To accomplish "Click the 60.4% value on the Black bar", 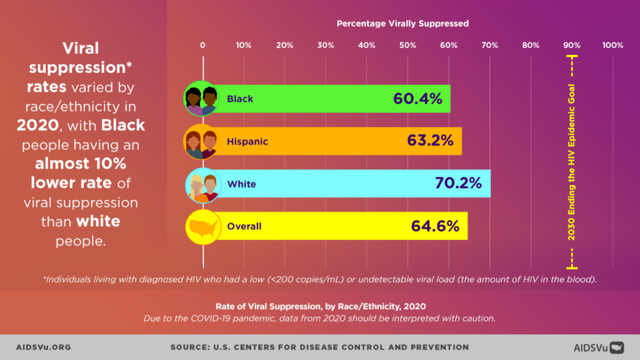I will pyautogui.click(x=417, y=99).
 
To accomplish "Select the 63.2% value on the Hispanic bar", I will pyautogui.click(x=430, y=141).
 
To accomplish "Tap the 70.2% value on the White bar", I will pyautogui.click(x=458, y=184).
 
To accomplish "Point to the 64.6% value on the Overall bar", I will pyautogui.click(x=435, y=226).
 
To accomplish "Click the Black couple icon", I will pyautogui.click(x=201, y=99).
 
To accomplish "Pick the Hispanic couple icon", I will pyautogui.click(x=201, y=141).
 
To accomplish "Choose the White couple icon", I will pyautogui.click(x=201, y=184).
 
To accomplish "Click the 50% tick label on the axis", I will pyautogui.click(x=407, y=45).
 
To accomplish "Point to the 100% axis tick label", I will pyautogui.click(x=612, y=45).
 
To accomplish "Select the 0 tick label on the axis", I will pyautogui.click(x=202, y=45).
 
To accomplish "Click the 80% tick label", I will pyautogui.click(x=531, y=45).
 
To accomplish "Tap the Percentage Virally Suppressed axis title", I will pyautogui.click(x=402, y=24).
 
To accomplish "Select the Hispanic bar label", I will pyautogui.click(x=247, y=141).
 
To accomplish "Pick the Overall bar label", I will pyautogui.click(x=244, y=226).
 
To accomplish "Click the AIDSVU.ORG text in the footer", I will pyautogui.click(x=44, y=347).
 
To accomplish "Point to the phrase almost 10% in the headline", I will pyautogui.click(x=81, y=164).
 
